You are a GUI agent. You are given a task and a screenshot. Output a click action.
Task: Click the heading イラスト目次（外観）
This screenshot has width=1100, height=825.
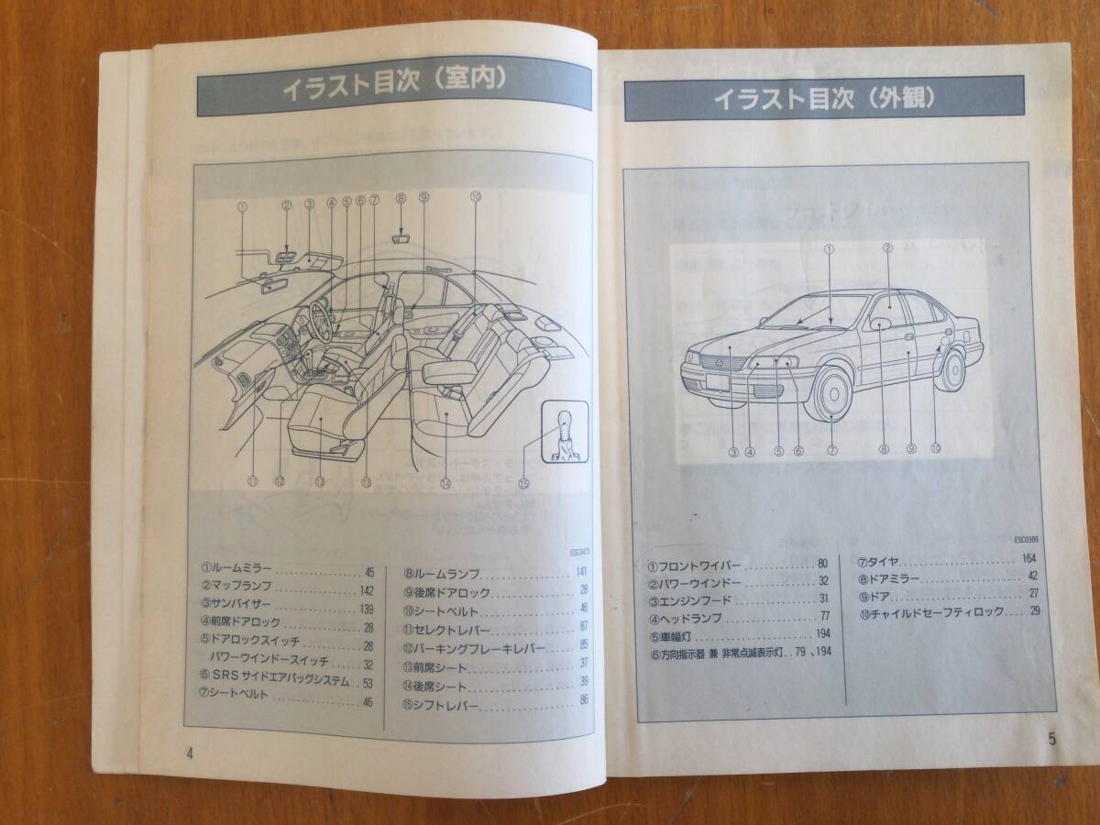824,98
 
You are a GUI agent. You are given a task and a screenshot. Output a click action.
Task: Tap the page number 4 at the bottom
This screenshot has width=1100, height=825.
189,753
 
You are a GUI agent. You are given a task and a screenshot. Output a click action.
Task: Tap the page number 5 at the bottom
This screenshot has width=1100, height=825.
1052,738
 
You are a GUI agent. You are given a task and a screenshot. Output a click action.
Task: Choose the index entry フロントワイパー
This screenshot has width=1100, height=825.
698,564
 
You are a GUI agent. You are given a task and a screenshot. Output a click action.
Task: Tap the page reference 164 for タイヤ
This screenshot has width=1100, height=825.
1028,558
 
